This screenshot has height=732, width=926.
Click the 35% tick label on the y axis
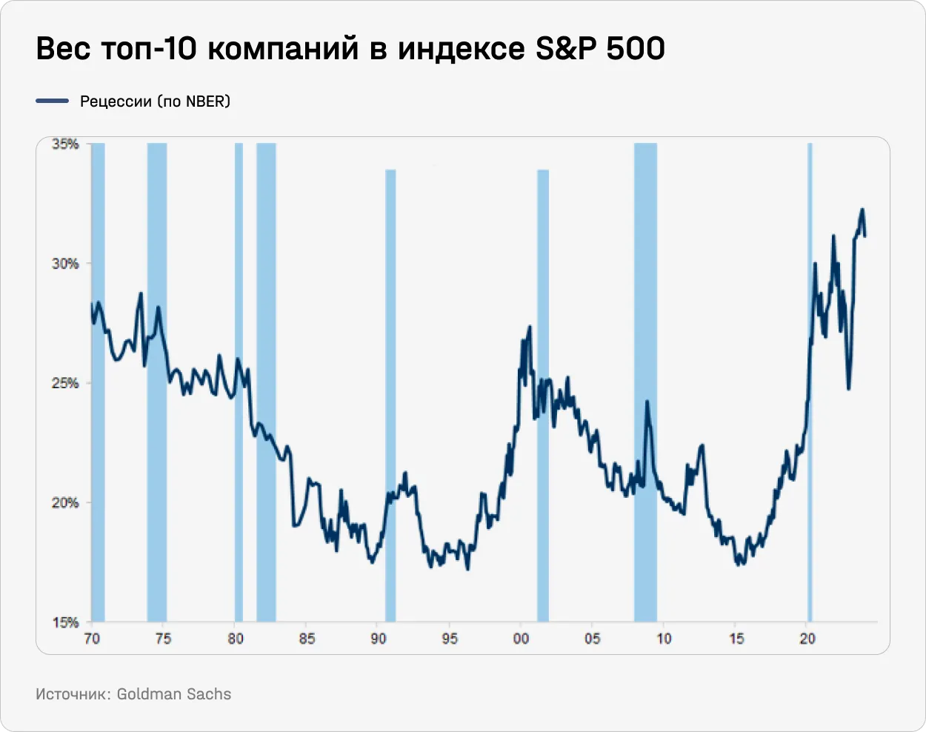tap(65, 144)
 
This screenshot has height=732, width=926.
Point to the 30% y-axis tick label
tap(65, 264)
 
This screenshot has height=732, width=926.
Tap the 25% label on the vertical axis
tap(65, 383)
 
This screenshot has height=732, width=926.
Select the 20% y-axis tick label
tap(65, 503)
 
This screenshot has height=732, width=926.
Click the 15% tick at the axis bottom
tap(65, 622)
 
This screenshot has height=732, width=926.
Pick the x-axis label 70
tap(92, 639)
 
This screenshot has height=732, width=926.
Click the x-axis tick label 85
tap(307, 639)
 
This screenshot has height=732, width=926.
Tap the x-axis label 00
tap(522, 639)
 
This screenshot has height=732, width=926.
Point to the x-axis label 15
tap(736, 639)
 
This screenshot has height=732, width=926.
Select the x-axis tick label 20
tap(807, 639)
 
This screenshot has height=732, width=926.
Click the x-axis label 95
tap(450, 639)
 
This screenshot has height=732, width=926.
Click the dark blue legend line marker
tap(52, 101)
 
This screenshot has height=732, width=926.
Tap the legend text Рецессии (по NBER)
tap(155, 102)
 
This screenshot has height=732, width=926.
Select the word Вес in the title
tap(64, 49)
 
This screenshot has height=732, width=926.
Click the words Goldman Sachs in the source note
tap(174, 694)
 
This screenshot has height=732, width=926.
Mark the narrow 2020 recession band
tap(810, 370)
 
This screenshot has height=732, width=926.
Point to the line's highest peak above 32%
tap(862, 210)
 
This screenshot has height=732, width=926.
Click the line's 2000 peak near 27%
tap(530, 327)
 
